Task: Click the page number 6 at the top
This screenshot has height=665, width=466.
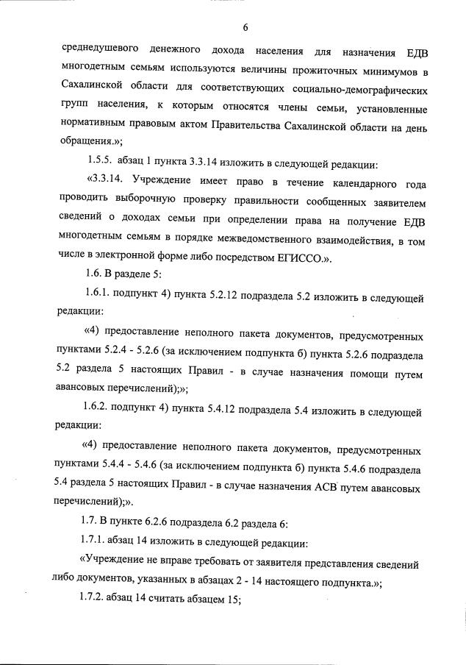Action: click(x=245, y=28)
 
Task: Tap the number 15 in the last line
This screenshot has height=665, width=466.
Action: click(x=232, y=602)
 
